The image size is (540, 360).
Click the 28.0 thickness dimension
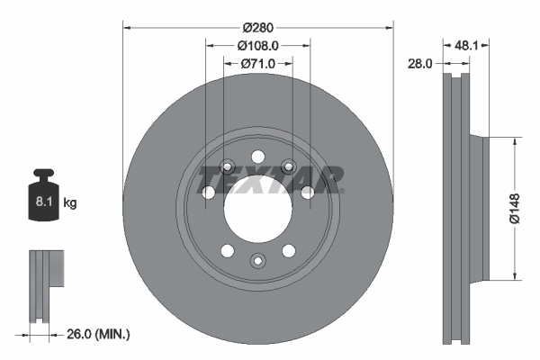coord(421,64)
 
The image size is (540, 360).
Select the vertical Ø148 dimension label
coord(515,207)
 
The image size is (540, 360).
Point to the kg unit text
coord(70,204)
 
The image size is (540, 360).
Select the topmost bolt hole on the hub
coord(257,154)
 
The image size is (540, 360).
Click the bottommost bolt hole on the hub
coord(257,261)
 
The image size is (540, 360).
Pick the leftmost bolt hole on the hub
coord(209,193)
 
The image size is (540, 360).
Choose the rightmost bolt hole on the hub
coord(307,192)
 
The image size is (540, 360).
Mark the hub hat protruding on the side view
coord(476,207)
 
